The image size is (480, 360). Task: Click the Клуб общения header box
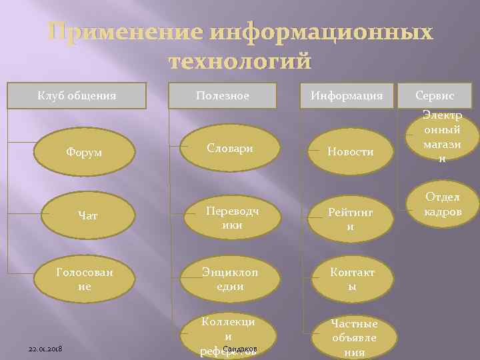[76, 96]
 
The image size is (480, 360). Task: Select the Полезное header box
[223, 96]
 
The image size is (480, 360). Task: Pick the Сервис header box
[436, 96]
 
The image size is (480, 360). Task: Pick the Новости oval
[350, 152]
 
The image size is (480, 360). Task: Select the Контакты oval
[352, 279]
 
